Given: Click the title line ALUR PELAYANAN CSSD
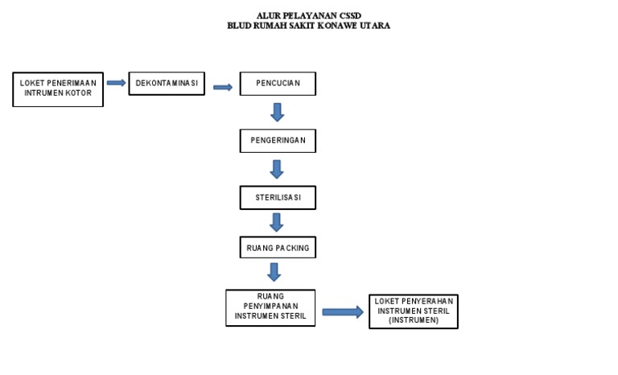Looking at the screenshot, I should pos(308,16).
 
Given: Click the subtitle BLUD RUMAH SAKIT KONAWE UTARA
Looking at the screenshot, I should pos(308,26).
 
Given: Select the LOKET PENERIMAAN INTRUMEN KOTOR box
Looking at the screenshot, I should pos(58,89).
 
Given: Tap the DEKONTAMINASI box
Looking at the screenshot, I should pos(167,84).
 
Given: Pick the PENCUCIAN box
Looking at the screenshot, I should pos(278,84).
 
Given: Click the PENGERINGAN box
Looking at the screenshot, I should pos(278,141).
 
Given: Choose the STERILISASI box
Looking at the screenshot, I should pos(278,198).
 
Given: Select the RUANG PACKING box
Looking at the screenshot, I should pos(278,248).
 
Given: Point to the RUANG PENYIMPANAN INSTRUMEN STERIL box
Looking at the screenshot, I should pos(270,307).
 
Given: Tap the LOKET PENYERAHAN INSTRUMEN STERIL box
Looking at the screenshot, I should pos(414,311).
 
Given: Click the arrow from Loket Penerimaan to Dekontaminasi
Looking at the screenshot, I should pos(116,83).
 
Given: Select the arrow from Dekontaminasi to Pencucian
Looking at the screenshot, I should pos(223,87).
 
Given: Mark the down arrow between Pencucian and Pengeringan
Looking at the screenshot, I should pos(278,112).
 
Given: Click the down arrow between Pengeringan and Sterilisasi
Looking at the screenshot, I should pos(277,169).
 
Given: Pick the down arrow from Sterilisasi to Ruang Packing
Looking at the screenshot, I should pos(277,222).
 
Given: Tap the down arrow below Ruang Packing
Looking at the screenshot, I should pos(274,272).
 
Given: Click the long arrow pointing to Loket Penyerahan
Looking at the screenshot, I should pos(343,312).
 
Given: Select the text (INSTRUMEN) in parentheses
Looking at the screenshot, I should pos(414,320).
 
